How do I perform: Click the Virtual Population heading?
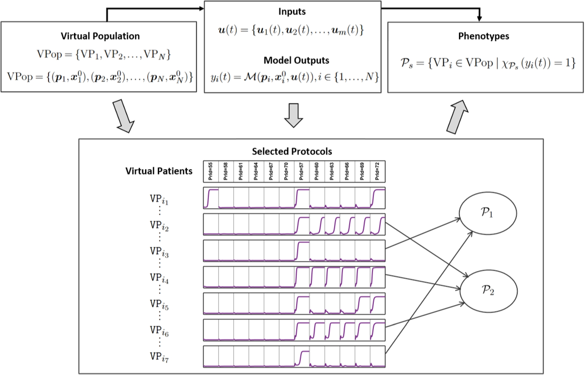coord(100,36)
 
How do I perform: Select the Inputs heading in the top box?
coord(292,11)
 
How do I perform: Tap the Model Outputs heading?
coord(296,60)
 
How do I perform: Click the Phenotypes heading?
coord(483,36)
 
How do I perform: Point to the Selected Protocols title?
coord(292,151)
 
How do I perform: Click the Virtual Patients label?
coord(158,171)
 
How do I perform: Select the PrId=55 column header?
coord(211,171)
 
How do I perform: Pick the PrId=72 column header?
coord(377,171)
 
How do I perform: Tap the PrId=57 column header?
coord(302,171)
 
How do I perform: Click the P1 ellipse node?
coord(487,213)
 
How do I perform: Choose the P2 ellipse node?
coord(488,290)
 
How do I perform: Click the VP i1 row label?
coord(159,199)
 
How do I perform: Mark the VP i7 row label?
coord(159,357)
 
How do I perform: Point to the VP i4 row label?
coord(159,278)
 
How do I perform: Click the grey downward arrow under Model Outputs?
coord(293,115)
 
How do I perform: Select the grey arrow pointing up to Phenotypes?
coord(457,117)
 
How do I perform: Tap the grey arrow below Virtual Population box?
coord(123,116)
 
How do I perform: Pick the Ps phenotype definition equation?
coord(487,63)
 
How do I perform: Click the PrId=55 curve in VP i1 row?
coord(211,198)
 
